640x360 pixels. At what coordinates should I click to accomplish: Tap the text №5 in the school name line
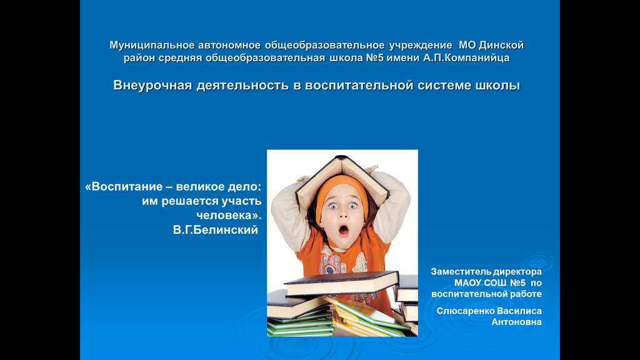(375, 58)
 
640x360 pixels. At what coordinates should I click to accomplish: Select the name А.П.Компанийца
(466, 58)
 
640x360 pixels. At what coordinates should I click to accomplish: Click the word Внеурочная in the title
(152, 85)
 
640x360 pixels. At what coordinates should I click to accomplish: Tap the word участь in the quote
(242, 201)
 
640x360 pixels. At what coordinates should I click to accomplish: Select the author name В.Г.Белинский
(216, 230)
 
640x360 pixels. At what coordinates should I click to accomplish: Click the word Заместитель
(461, 272)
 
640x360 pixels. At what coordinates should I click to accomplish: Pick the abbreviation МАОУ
(467, 283)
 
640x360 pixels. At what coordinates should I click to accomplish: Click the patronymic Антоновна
(516, 322)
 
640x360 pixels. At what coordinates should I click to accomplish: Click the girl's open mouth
(344, 231)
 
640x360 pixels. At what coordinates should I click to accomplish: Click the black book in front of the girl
(341, 282)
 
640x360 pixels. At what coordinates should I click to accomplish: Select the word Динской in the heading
(501, 45)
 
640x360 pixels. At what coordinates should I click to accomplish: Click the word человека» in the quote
(229, 216)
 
